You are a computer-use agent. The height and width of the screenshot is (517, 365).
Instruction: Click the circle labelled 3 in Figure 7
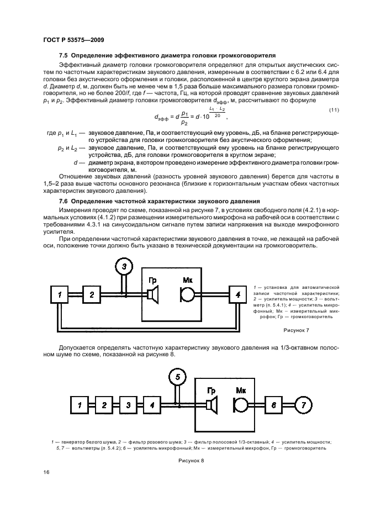125,267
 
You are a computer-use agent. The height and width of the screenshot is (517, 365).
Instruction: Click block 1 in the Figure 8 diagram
79,405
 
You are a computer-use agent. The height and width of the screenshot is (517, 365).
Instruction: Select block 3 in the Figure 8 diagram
128,405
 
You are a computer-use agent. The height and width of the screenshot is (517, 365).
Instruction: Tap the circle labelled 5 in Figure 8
176,378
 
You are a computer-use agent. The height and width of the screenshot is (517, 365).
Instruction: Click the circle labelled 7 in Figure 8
302,405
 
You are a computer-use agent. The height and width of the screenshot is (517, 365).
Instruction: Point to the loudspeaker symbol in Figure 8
210,406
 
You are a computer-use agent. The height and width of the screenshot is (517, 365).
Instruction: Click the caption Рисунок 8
191,460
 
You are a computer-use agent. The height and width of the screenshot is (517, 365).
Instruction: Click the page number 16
45,472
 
